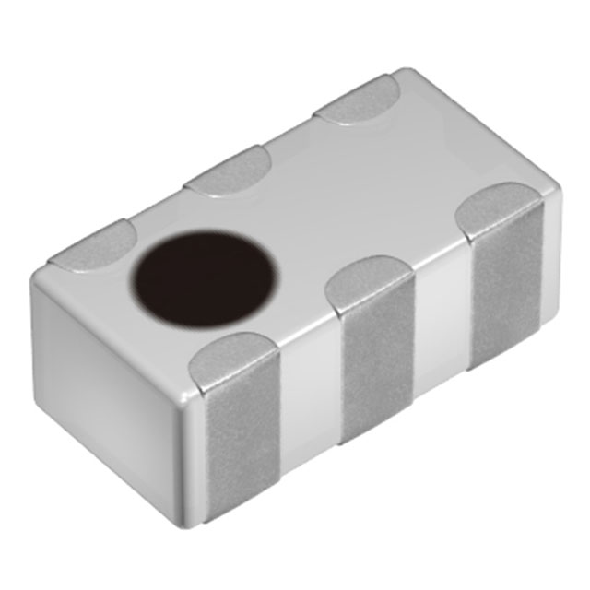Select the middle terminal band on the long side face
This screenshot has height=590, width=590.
[x=378, y=369]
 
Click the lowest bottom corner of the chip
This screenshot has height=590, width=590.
[x=204, y=524]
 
